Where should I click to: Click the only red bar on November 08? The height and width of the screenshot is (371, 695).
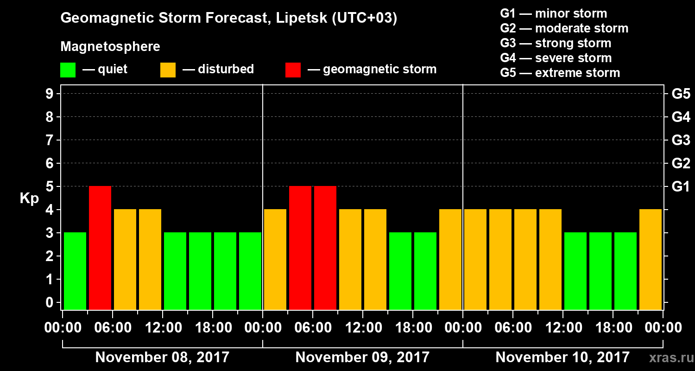pyautogui.click(x=100, y=248)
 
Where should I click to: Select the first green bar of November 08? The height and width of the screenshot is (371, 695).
pyautogui.click(x=75, y=271)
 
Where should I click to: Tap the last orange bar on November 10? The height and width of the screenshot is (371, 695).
pyautogui.click(x=651, y=259)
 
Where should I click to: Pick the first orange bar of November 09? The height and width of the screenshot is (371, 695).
pyautogui.click(x=275, y=259)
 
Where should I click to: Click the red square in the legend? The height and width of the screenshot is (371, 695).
pyautogui.click(x=293, y=70)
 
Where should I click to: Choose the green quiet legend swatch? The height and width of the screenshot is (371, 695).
pyautogui.click(x=68, y=70)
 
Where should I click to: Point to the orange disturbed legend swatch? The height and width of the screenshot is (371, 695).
pyautogui.click(x=168, y=70)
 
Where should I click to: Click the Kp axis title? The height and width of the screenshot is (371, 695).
pyautogui.click(x=29, y=198)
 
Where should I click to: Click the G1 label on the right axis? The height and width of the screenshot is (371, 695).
pyautogui.click(x=681, y=187)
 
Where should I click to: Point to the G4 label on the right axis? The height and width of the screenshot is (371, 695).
pyautogui.click(x=681, y=117)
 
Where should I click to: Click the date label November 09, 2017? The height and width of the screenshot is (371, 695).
pyautogui.click(x=362, y=358)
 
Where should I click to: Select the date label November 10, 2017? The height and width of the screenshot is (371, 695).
pyautogui.click(x=562, y=358)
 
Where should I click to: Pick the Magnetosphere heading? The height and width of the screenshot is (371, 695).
pyautogui.click(x=110, y=47)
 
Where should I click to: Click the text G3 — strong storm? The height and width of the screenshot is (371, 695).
pyautogui.click(x=556, y=43)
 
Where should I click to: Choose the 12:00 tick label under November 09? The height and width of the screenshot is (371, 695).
pyautogui.click(x=363, y=328)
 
